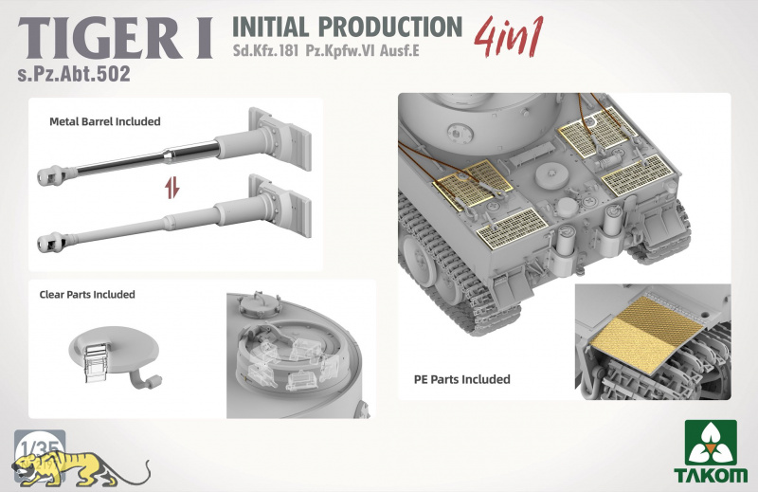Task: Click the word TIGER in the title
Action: pyautogui.click(x=100, y=39)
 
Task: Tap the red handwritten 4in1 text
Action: pyautogui.click(x=509, y=37)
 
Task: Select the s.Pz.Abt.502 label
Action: pyautogui.click(x=74, y=74)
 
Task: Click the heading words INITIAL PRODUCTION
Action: pyautogui.click(x=347, y=27)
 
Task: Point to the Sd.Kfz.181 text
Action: pyautogui.click(x=265, y=51)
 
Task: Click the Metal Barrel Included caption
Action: pyautogui.click(x=105, y=121)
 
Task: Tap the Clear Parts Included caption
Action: pyautogui.click(x=87, y=295)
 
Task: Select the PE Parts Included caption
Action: pyautogui.click(x=461, y=379)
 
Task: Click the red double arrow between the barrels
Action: pyautogui.click(x=171, y=188)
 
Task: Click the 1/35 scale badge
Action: pyautogui.click(x=40, y=447)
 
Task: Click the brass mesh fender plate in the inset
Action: pyautogui.click(x=647, y=335)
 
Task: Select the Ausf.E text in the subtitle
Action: pyautogui.click(x=399, y=51)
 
